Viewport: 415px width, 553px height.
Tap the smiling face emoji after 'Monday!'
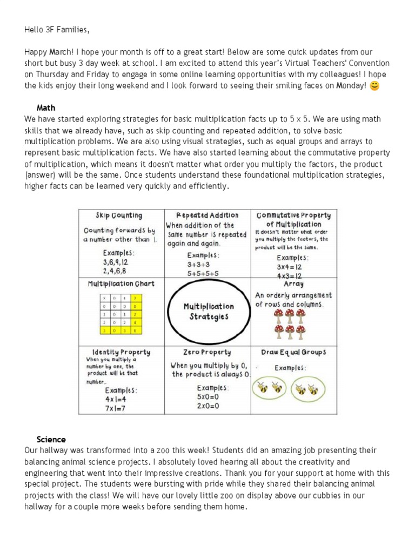pyautogui.click(x=374, y=85)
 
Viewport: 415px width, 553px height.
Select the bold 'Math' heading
pyautogui.click(x=46, y=108)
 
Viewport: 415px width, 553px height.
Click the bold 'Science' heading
pyautogui.click(x=51, y=440)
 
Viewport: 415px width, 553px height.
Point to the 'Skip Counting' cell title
pyautogui.click(x=119, y=215)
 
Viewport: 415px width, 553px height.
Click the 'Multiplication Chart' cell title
pyautogui.click(x=121, y=284)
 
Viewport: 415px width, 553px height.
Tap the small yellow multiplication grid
pyautogui.click(x=121, y=313)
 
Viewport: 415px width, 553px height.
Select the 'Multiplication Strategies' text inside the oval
pyautogui.click(x=209, y=311)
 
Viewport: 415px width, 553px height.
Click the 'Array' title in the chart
pyautogui.click(x=293, y=284)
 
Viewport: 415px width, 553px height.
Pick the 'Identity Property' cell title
pyautogui.click(x=121, y=352)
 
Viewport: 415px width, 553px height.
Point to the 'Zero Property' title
pyautogui.click(x=209, y=352)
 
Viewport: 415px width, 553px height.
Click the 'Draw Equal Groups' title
pyautogui.click(x=293, y=352)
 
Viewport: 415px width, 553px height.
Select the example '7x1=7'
pyautogui.click(x=115, y=408)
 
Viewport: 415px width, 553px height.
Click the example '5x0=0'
pyautogui.click(x=207, y=396)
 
